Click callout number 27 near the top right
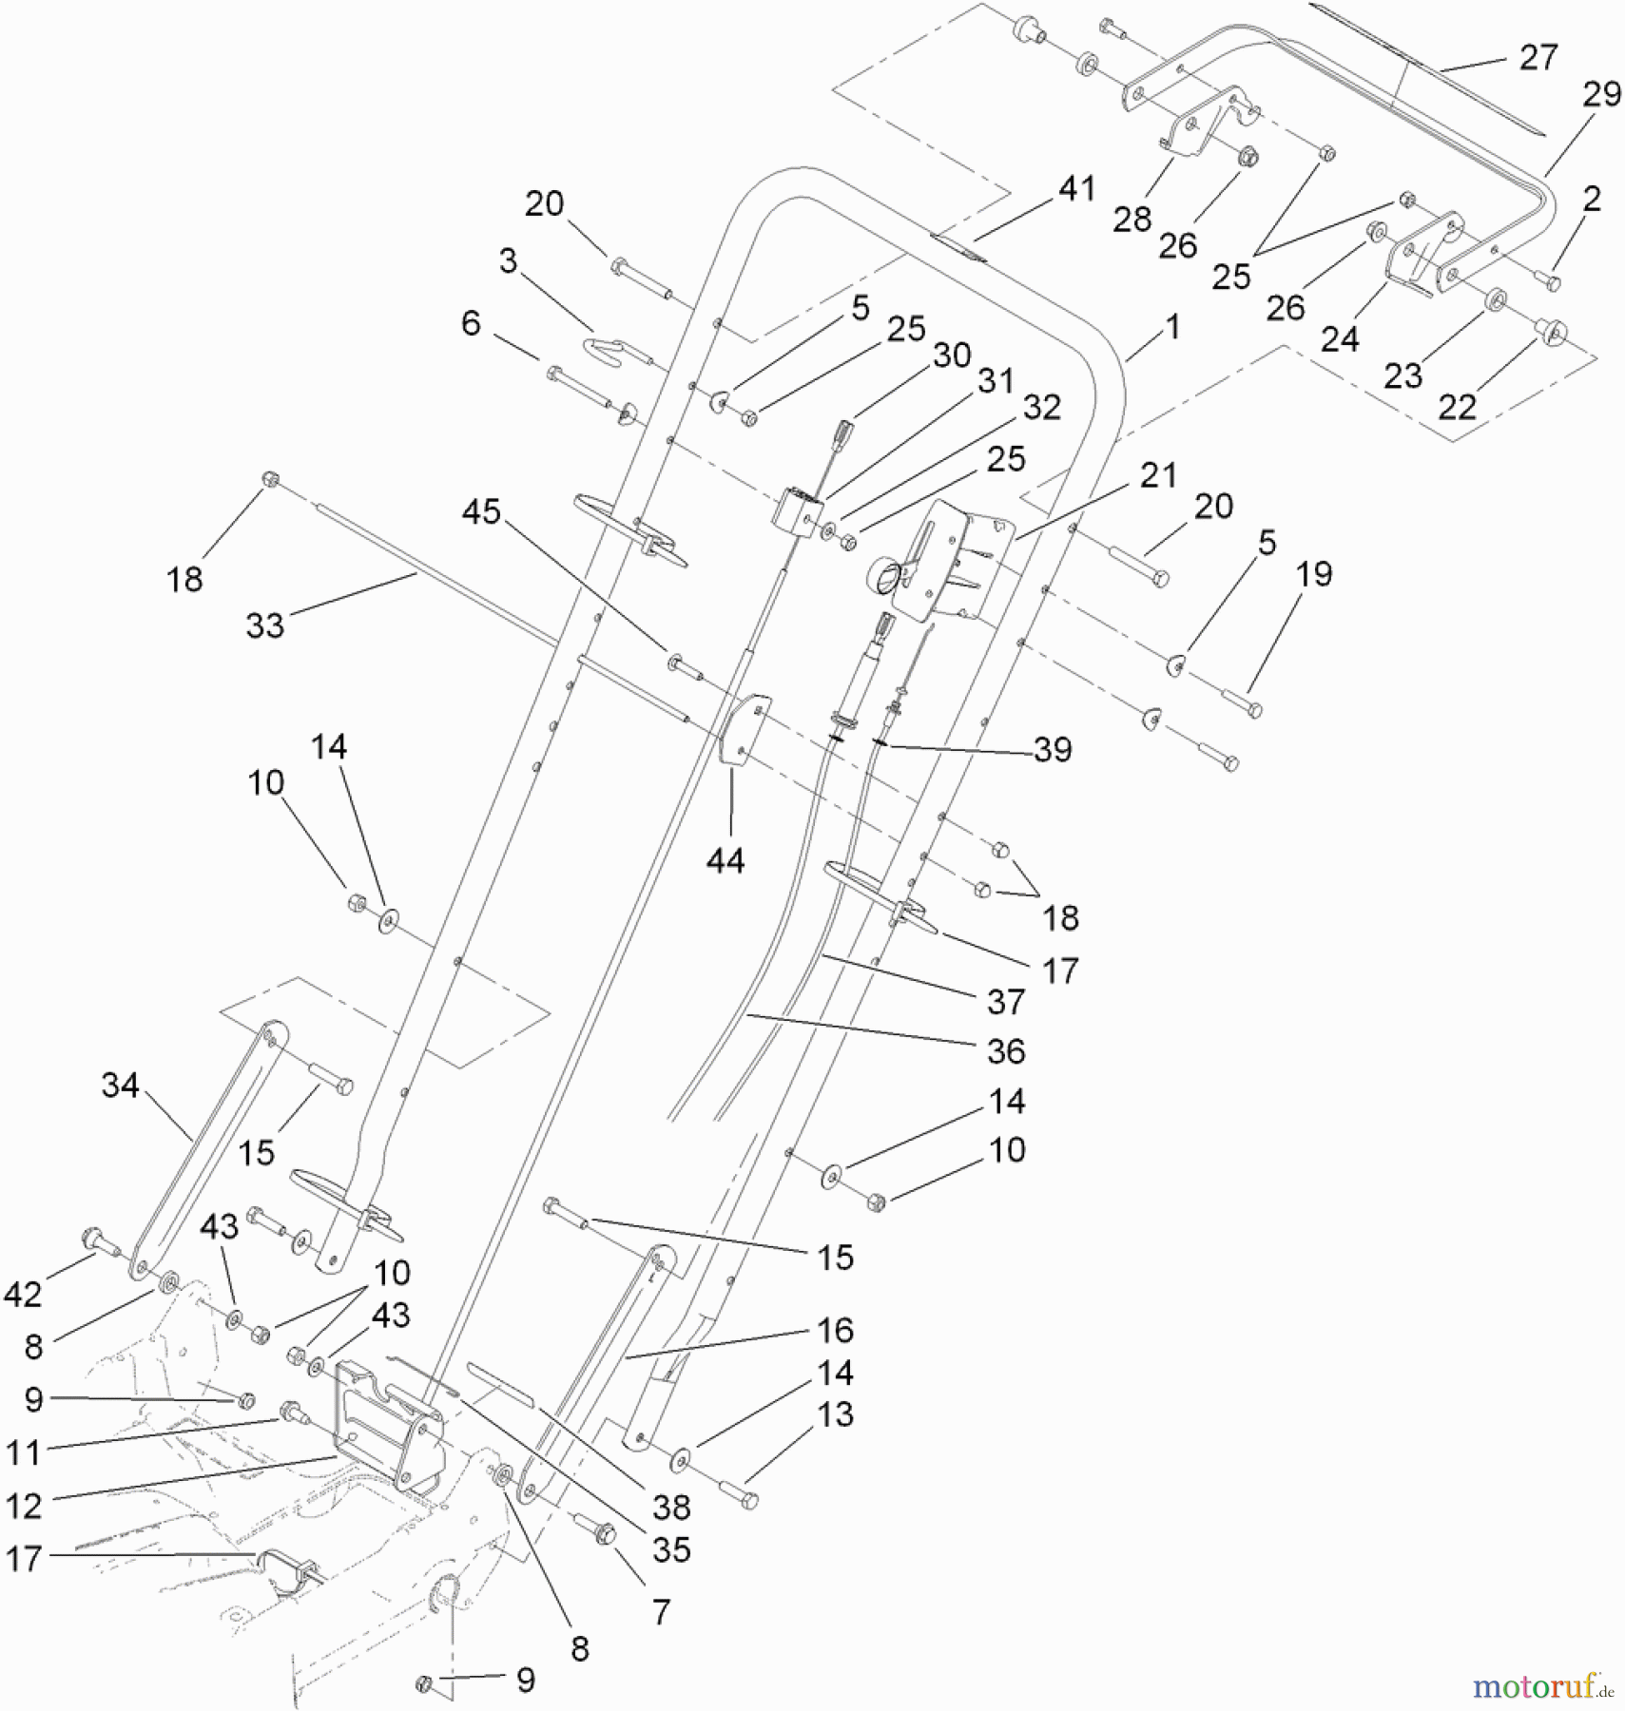(x=1538, y=58)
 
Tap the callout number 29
(x=1601, y=94)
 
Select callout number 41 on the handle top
(x=1076, y=188)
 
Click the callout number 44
(x=725, y=860)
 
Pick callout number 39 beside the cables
(x=1053, y=749)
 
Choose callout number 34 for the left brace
(x=120, y=1085)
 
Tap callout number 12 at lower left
(x=24, y=1506)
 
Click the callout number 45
(x=481, y=511)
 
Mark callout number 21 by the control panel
(x=1158, y=475)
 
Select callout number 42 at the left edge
(x=23, y=1294)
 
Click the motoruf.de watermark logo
(x=1542, y=1686)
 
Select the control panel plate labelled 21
(x=951, y=561)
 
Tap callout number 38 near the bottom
(x=671, y=1506)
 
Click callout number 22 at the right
(x=1457, y=407)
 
